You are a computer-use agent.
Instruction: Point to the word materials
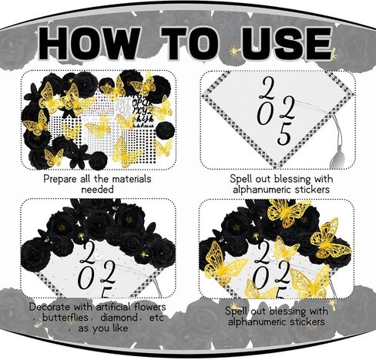[x=126, y=178]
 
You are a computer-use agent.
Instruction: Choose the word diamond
[x=122, y=317]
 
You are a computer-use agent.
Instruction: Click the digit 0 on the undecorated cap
[x=264, y=114]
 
